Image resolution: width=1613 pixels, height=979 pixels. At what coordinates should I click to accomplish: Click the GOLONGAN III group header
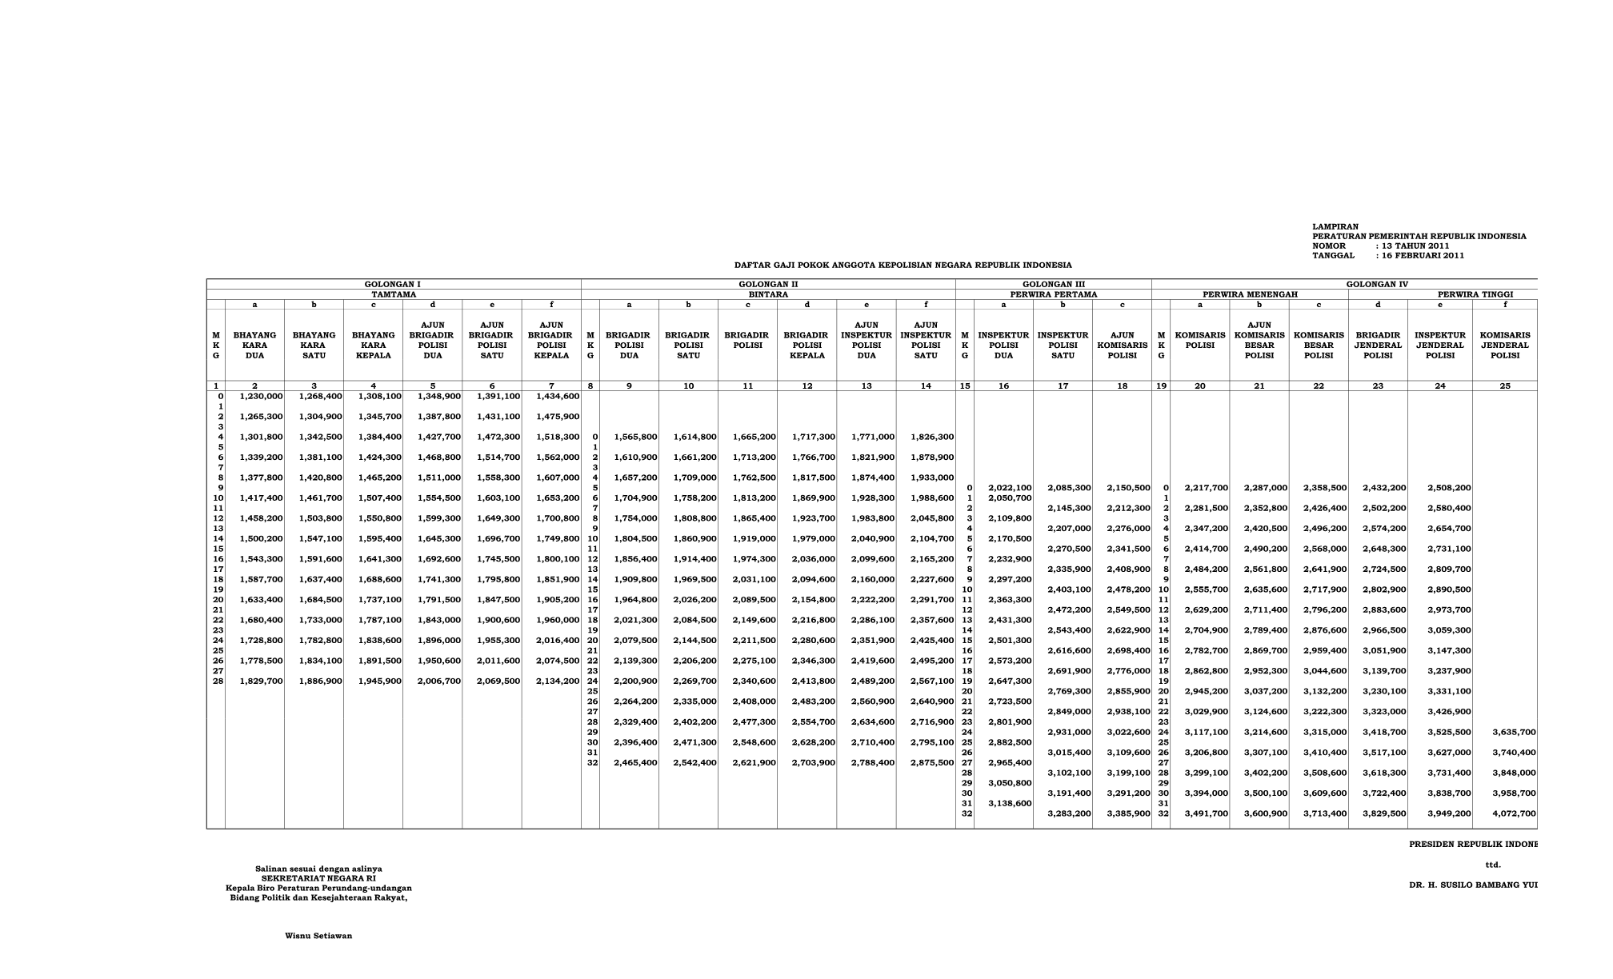point(1053,284)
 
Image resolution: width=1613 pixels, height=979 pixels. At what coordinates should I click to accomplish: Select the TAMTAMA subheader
point(393,294)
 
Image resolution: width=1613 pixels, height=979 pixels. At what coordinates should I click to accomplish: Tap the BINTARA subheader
point(768,294)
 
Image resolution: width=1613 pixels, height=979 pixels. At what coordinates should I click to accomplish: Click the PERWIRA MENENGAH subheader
point(1250,294)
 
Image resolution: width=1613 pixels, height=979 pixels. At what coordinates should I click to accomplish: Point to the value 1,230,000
point(262,396)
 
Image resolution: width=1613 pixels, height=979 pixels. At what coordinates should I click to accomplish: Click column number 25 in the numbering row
point(1505,386)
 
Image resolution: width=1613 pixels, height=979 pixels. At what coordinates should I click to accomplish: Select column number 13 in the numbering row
point(867,386)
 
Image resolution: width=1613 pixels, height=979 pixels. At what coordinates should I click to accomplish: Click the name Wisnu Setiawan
point(318,936)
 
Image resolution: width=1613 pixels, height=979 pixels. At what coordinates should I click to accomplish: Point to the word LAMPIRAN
point(1335,227)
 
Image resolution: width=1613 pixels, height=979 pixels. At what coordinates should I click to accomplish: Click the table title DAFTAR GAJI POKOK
point(903,265)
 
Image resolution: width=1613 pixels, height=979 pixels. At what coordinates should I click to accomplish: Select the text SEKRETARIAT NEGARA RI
point(318,878)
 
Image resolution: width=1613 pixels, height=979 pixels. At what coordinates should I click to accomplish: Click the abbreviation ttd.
point(1493,865)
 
